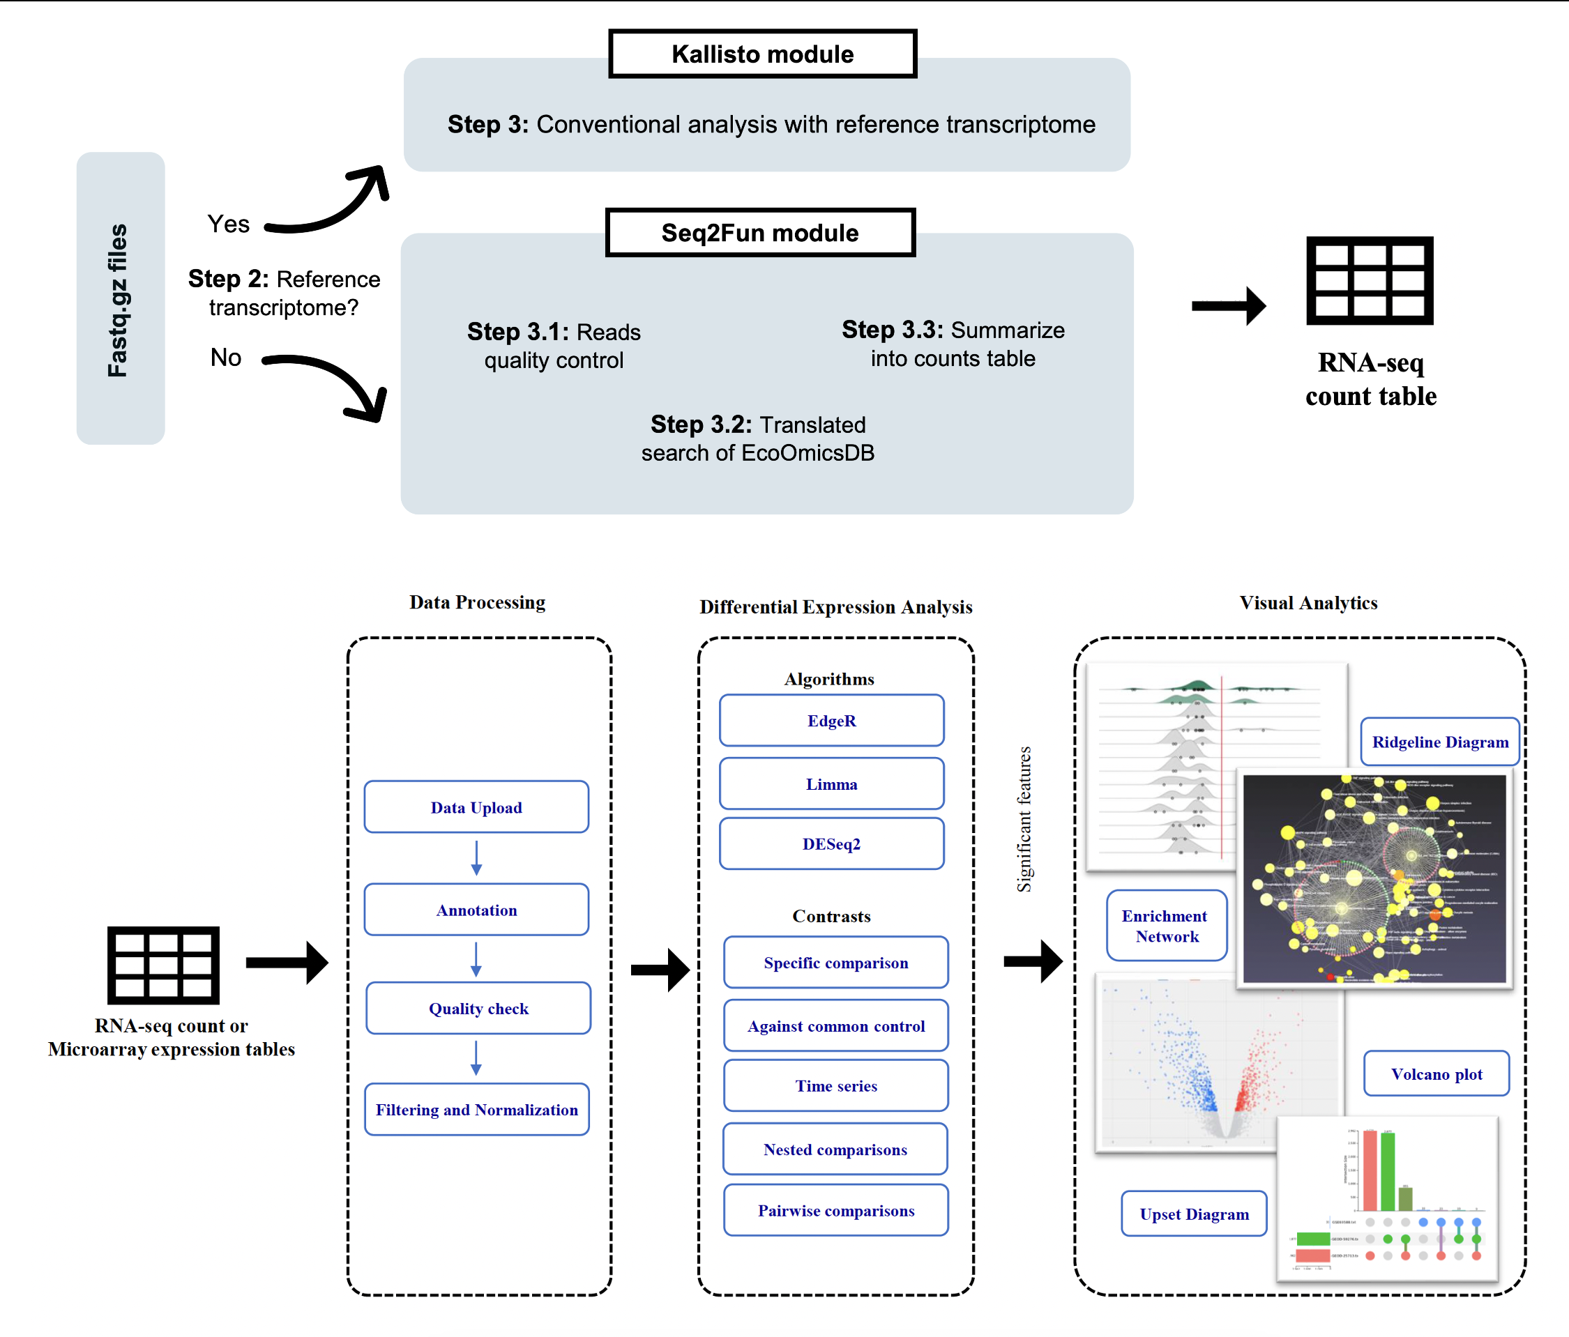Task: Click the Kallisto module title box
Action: [x=763, y=54]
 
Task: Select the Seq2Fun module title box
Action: [x=760, y=232]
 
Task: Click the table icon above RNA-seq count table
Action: [x=1370, y=281]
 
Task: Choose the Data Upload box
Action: [x=476, y=807]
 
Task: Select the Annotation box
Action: [x=476, y=909]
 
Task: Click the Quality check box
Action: [x=478, y=1008]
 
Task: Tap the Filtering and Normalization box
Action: [x=476, y=1109]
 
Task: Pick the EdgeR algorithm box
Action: [x=831, y=720]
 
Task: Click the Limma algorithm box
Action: [x=831, y=784]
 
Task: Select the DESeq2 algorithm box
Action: [x=831, y=843]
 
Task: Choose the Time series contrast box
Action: [x=836, y=1085]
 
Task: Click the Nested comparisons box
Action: [x=835, y=1149]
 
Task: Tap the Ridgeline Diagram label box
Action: [x=1439, y=742]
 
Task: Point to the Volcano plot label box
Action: [x=1437, y=1074]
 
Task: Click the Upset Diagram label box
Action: [x=1194, y=1214]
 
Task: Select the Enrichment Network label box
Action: [x=1166, y=926]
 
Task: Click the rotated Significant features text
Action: [x=1024, y=819]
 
